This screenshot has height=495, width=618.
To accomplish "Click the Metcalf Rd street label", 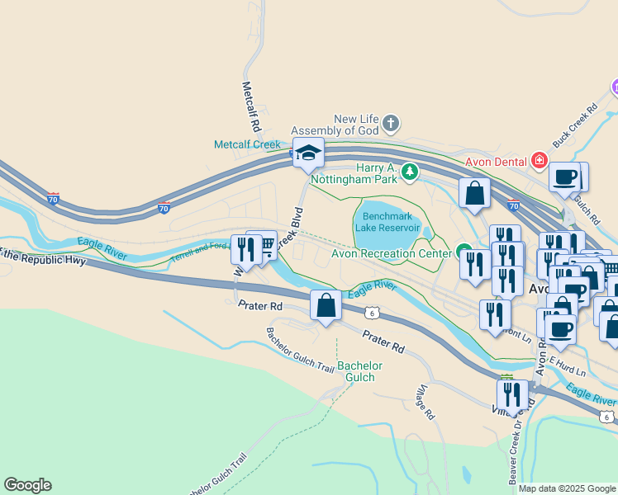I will point(251,107).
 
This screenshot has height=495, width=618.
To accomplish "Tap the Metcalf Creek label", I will point(248,144).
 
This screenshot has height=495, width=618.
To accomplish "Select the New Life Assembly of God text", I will point(356,125).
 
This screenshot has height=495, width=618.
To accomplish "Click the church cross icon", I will point(391,125).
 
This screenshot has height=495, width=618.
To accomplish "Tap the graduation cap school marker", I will point(308,153).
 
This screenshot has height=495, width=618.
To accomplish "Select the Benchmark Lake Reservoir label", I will point(387,222).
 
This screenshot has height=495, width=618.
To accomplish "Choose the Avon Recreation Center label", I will point(391,253).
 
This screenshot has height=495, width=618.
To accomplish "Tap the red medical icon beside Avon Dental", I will point(540,160).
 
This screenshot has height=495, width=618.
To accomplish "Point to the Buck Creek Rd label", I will point(575,125).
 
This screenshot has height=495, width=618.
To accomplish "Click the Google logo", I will point(27,485).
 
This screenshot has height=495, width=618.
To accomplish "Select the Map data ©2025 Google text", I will point(567,488).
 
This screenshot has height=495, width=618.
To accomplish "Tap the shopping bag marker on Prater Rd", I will point(326,306).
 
